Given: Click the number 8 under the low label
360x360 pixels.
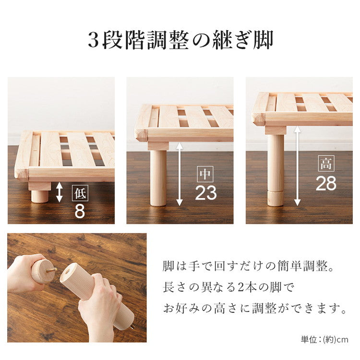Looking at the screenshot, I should (x=80, y=212).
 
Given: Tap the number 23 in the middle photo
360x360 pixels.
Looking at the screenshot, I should (x=206, y=193).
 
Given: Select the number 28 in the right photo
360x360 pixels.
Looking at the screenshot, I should (x=326, y=183).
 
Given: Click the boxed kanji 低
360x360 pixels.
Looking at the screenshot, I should (x=80, y=193).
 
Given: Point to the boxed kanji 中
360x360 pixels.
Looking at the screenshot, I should (x=205, y=174).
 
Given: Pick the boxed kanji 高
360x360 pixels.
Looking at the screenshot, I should (x=326, y=165).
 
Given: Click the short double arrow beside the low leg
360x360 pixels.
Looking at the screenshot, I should (x=59, y=192).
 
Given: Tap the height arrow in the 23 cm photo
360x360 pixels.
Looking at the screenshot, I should (x=179, y=174).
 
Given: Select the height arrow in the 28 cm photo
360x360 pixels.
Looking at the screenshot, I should (x=297, y=166).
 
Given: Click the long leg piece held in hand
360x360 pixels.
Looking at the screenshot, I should (x=96, y=293).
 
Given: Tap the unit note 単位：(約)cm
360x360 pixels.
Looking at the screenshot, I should (x=324, y=340).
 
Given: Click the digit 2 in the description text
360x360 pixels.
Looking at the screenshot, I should (x=242, y=288).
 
